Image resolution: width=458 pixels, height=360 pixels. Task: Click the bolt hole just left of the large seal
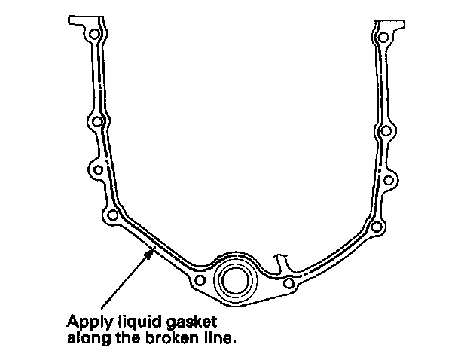pyautogui.click(x=199, y=282)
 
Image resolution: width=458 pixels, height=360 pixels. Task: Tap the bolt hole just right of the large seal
pyautogui.click(x=289, y=284)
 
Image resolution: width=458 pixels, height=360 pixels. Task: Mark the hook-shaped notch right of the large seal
pyautogui.click(x=283, y=261)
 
